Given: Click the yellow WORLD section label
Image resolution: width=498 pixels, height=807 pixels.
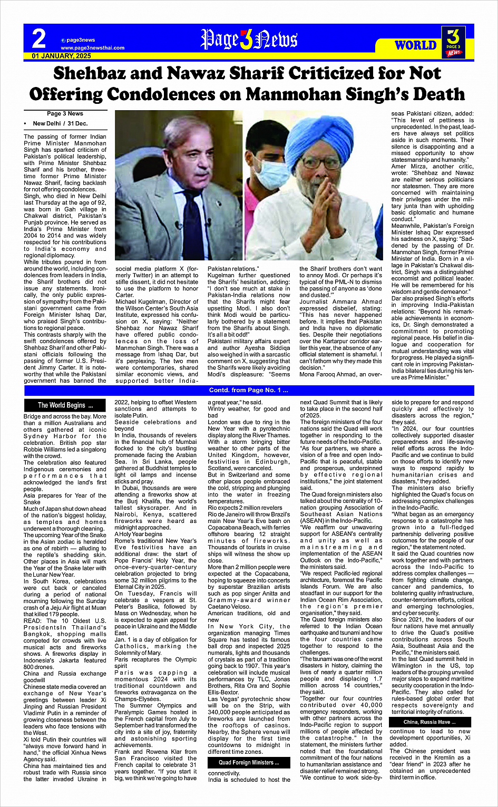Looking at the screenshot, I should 415,45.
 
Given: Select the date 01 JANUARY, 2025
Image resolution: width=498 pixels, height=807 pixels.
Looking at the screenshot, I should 62,56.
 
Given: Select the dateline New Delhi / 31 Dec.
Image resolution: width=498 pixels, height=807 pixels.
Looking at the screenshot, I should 60,123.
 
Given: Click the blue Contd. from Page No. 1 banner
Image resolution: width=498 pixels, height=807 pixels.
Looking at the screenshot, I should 249,391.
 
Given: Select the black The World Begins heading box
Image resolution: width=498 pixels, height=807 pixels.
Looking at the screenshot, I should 65,405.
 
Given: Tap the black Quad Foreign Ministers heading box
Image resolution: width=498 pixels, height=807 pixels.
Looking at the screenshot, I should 249,763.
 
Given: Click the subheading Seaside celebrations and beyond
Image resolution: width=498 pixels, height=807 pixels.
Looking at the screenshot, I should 155,425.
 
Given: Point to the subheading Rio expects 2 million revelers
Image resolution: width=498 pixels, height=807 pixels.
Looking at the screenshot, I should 245,508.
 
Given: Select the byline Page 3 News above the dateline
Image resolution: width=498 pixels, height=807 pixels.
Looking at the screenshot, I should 65,113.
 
